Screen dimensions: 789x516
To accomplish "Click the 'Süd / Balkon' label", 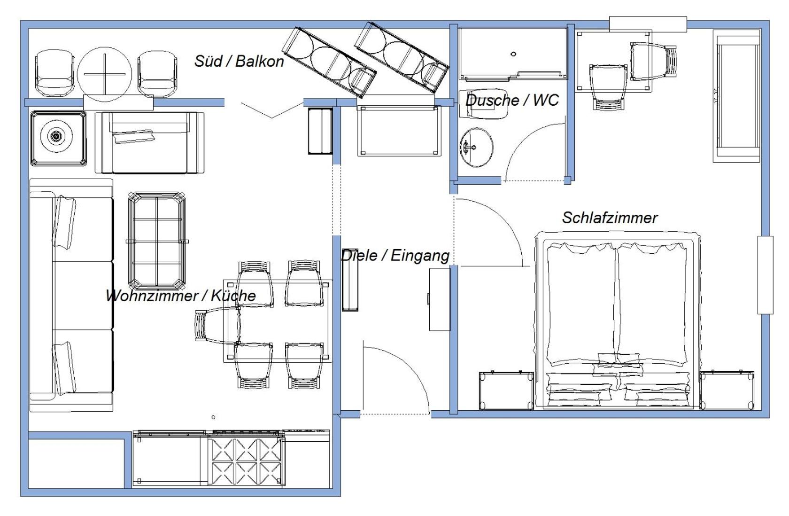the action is [239, 61].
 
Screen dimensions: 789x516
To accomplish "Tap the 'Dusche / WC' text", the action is [512, 100].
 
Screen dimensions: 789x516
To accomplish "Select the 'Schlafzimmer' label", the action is [610, 218].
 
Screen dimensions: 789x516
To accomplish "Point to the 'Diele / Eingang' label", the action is [395, 256].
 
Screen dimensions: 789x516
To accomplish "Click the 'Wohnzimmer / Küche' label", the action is [181, 295].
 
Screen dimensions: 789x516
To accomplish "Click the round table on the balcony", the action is [105, 74].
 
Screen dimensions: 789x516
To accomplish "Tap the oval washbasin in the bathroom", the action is [476, 147].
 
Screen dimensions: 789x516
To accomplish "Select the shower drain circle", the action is [513, 54].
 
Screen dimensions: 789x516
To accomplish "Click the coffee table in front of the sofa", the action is [157, 241].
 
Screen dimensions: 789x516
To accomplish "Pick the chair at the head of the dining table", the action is [218, 325].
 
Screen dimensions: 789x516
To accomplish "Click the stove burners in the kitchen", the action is [246, 461].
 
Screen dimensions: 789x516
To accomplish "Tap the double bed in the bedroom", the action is [617, 320].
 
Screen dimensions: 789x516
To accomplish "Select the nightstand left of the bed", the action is [506, 390].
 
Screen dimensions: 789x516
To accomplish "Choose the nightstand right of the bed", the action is [727, 390].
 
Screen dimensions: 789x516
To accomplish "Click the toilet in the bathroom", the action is [484, 104].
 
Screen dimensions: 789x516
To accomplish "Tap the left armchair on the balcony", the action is [54, 73].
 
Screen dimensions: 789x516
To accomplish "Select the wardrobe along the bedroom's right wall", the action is [737, 96].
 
